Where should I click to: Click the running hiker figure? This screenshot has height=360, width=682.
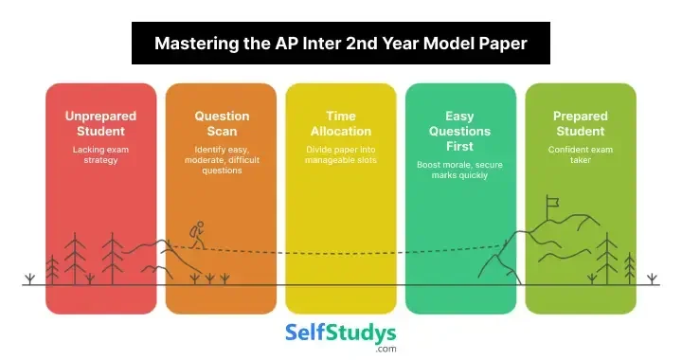click(x=196, y=236)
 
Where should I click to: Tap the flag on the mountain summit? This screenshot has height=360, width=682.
click(x=552, y=202)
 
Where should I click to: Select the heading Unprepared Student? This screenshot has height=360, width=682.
click(x=100, y=123)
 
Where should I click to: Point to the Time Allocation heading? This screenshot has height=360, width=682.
click(x=340, y=123)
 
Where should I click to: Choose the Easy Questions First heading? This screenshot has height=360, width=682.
click(x=460, y=131)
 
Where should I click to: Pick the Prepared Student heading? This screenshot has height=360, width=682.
click(x=580, y=123)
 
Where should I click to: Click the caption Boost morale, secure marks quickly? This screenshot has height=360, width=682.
click(x=460, y=171)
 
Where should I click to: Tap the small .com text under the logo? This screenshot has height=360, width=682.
click(x=385, y=350)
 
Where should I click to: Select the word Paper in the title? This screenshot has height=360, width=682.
click(x=503, y=43)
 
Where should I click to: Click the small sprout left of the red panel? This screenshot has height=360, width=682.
click(x=30, y=279)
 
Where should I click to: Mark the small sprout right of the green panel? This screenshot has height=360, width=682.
click(x=652, y=279)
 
